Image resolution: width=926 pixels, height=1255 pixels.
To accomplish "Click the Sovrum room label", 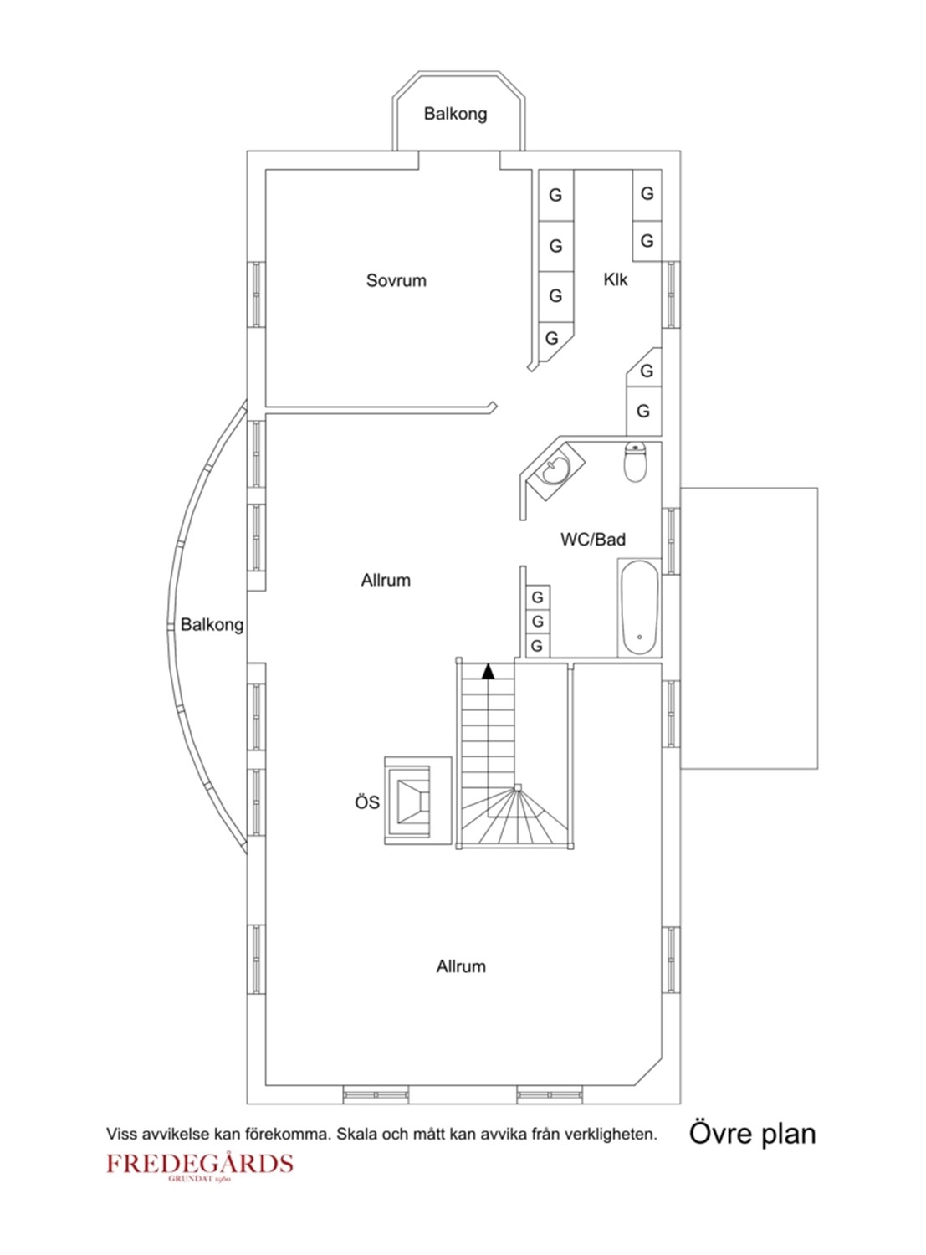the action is point(396,280).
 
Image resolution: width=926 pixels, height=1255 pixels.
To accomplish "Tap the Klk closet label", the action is point(615,279).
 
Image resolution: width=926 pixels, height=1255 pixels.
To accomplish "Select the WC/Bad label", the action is point(593,539).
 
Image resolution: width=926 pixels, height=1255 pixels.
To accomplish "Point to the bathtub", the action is point(639,608).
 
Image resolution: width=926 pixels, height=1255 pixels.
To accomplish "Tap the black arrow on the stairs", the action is point(489,671).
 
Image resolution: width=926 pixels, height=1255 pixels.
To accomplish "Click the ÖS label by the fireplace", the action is point(367,802).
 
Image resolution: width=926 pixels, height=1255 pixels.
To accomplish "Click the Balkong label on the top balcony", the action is point(455,114).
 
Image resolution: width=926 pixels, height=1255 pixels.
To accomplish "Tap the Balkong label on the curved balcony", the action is point(212,625).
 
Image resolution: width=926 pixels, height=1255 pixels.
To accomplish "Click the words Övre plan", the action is point(752,1132).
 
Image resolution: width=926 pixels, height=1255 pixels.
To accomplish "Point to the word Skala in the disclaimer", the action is point(356,1133).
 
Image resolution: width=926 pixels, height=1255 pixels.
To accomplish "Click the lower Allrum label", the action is point(460,966).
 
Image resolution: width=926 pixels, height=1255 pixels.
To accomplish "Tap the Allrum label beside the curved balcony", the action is point(386,580).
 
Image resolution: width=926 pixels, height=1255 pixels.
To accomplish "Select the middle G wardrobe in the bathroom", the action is point(537,622).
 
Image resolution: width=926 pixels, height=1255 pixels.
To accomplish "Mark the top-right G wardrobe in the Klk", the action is point(647,194).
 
